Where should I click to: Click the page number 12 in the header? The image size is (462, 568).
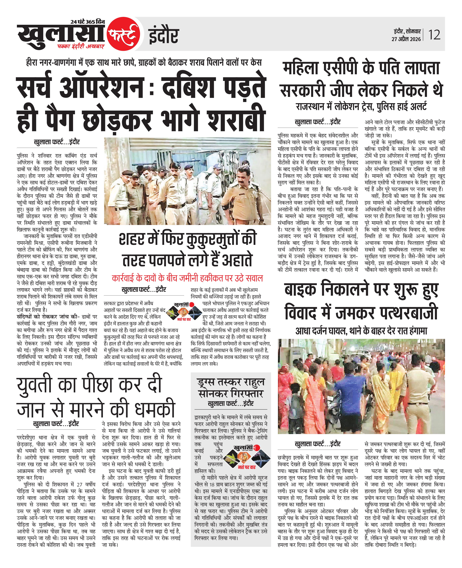click(x=434, y=35)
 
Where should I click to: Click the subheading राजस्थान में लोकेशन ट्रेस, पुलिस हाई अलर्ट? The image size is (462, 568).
click(x=361, y=107)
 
